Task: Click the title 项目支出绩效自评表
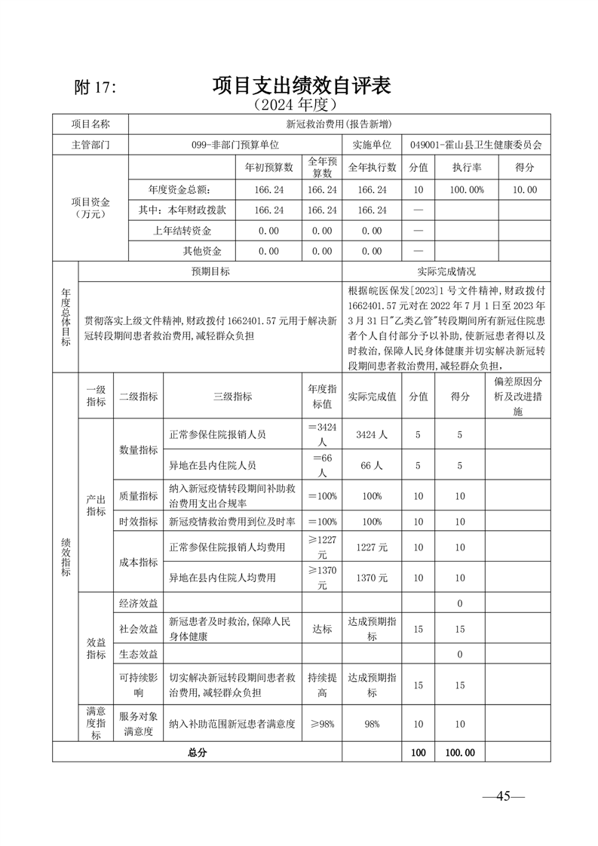(301, 85)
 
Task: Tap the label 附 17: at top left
(96, 87)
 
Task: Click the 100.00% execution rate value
(467, 190)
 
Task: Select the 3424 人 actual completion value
(371, 434)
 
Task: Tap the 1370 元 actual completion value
(371, 578)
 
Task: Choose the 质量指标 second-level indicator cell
(138, 496)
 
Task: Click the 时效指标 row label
(138, 522)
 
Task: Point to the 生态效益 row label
(138, 654)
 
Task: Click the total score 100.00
(460, 752)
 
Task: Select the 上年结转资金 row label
(182, 231)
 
